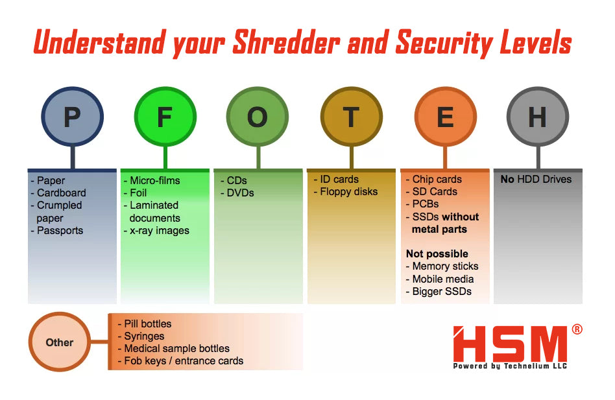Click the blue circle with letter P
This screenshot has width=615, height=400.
click(72, 116)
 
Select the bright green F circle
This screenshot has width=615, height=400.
click(165, 116)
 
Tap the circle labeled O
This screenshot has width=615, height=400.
click(258, 116)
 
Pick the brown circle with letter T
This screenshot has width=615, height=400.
click(352, 116)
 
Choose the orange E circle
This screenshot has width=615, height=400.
click(446, 116)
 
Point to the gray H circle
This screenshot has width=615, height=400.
click(538, 116)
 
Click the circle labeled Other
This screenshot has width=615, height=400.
click(60, 342)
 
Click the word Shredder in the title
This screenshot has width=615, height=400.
click(286, 42)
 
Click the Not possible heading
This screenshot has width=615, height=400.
click(437, 254)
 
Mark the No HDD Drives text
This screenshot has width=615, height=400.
click(536, 180)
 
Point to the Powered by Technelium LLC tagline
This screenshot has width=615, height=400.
click(511, 366)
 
